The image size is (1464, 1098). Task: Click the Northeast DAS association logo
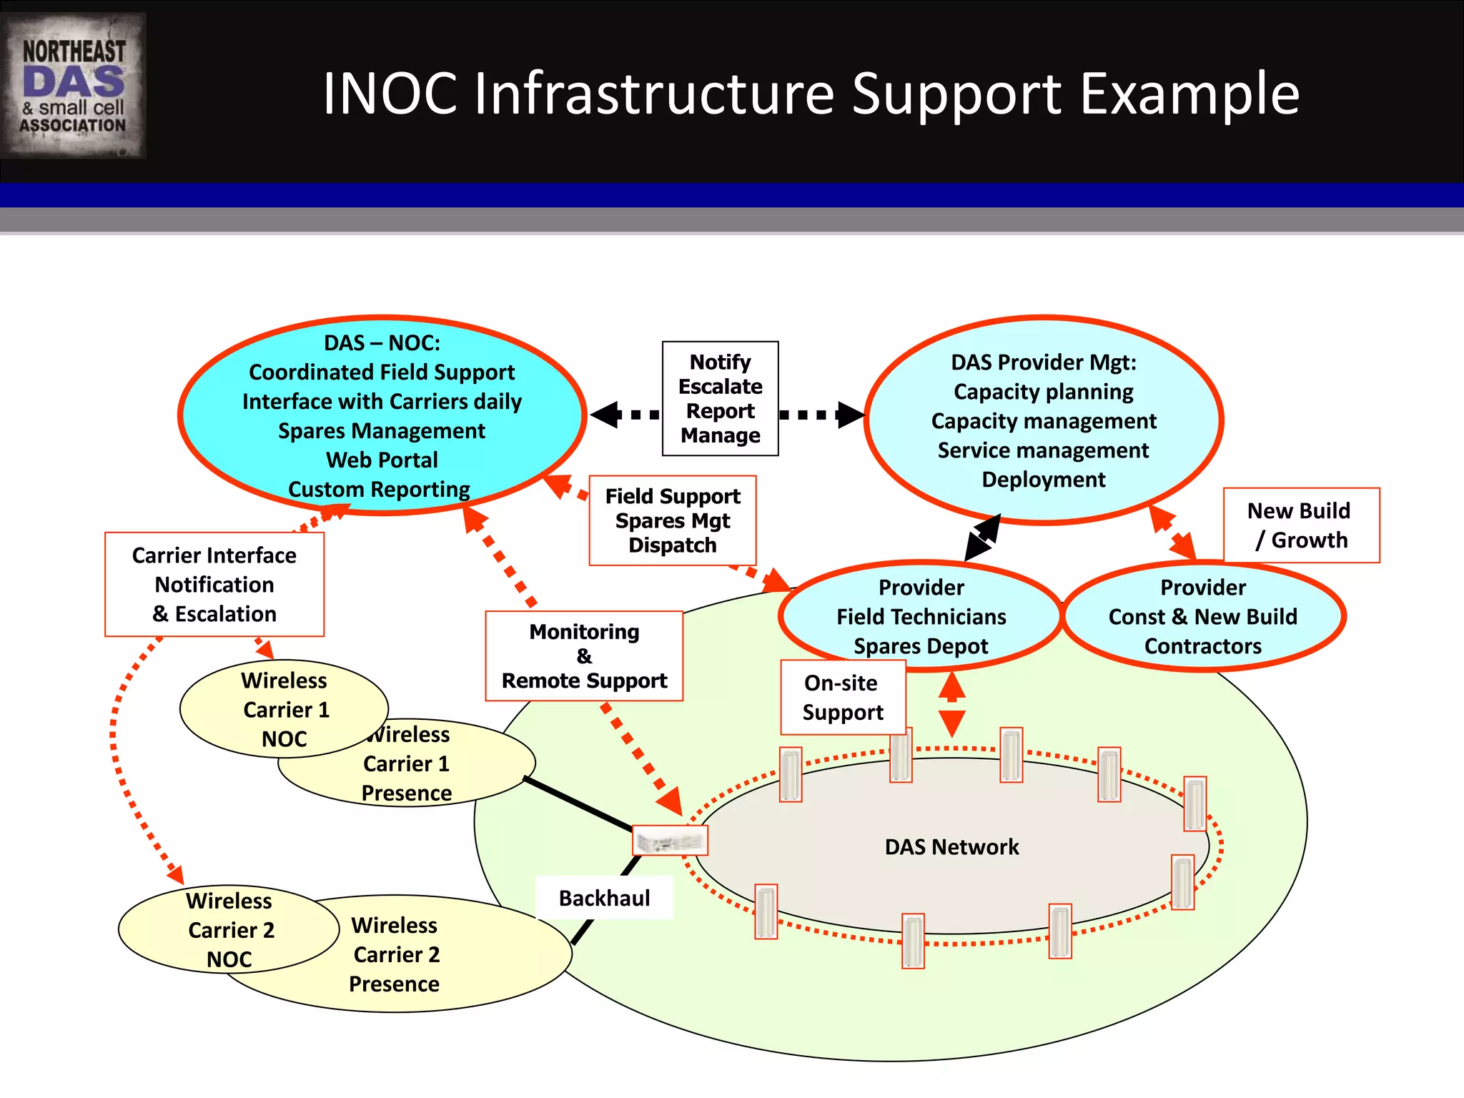coord(74,86)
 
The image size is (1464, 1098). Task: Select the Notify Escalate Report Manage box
coord(720,398)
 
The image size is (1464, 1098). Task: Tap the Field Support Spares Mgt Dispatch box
coord(672,520)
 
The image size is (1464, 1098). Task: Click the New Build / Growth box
coord(1301,525)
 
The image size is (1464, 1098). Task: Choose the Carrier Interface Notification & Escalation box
coord(214,584)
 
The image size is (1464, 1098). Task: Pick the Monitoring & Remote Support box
coord(584,656)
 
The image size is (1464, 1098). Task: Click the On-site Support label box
coord(843,697)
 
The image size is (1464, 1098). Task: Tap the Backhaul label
coord(604,898)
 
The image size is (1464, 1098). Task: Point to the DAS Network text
coord(951,847)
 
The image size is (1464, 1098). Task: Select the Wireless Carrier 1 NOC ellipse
coord(284,708)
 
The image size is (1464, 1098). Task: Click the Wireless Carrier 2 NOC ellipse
coord(229,929)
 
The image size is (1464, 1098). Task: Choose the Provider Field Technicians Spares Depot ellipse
coord(921,616)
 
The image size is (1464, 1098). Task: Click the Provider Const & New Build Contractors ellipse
coord(1203,616)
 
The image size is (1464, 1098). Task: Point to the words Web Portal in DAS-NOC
coord(382,460)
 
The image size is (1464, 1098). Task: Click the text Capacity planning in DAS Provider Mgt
coord(1043,392)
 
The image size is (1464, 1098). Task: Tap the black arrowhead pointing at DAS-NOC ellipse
coord(605,415)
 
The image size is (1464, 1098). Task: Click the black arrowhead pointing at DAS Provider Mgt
coord(851,414)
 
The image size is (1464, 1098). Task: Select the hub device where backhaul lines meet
coord(670,841)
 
